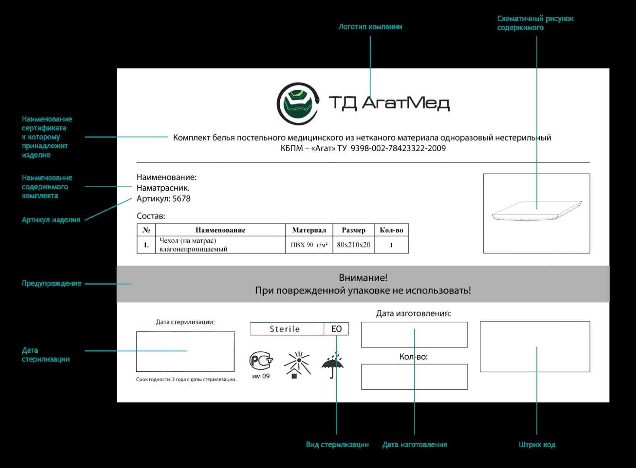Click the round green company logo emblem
coord(298,104)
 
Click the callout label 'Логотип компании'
coord(370,27)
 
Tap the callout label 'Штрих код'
coord(537,445)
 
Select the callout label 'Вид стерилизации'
coord(338,445)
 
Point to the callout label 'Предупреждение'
coord(52,283)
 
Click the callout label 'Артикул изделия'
coord(51,220)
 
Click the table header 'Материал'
coord(309,230)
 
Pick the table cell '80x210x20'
coord(354,245)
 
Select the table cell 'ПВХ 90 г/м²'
coord(309,245)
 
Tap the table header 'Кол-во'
coord(391,230)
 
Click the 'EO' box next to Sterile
coord(336,329)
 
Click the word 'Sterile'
coord(285,329)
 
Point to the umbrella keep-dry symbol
coord(332,365)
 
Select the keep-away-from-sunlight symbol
coord(297,365)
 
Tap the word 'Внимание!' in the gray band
coord(363,278)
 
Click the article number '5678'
coord(181,198)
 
